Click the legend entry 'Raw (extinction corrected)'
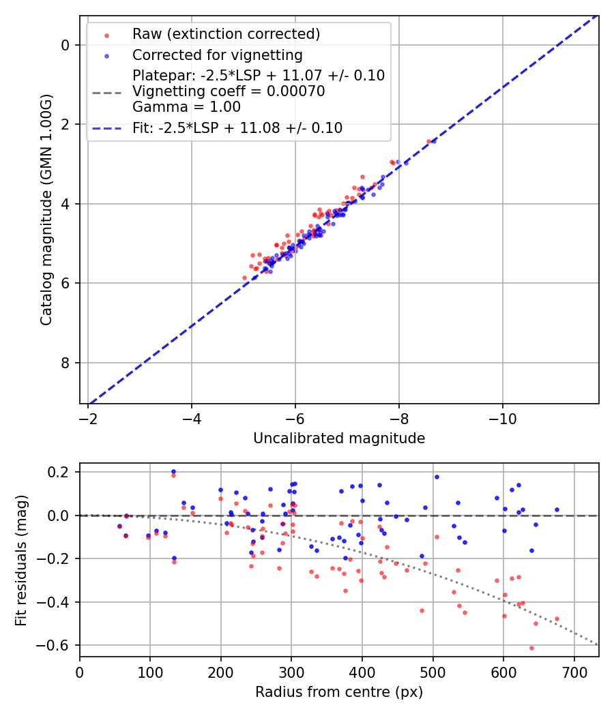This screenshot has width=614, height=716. pyautogui.click(x=226, y=34)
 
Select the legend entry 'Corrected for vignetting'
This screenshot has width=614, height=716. pyautogui.click(x=217, y=55)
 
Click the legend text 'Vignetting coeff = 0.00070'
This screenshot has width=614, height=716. pyautogui.click(x=229, y=91)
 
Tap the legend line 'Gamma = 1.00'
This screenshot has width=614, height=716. pyautogui.click(x=186, y=107)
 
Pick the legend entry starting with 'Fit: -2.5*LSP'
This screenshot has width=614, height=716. pyautogui.click(x=237, y=128)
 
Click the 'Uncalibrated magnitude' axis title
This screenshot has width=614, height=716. pyautogui.click(x=339, y=438)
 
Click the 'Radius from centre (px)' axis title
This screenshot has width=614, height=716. pyautogui.click(x=339, y=692)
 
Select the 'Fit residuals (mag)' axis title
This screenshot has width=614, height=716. pyautogui.click(x=21, y=559)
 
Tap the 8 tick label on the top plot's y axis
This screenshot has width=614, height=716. pyautogui.click(x=65, y=363)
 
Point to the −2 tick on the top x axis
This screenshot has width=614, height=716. pyautogui.click(x=88, y=417)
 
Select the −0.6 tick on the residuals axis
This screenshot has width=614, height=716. pyautogui.click(x=57, y=645)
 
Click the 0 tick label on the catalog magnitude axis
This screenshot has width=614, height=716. pyautogui.click(x=65, y=45)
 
